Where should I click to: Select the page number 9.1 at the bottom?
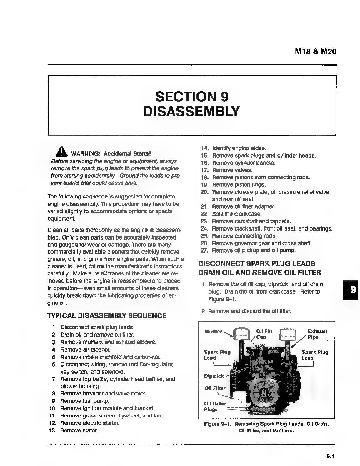pyautogui.click(x=331, y=457)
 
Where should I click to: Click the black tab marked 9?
pyautogui.click(x=351, y=290)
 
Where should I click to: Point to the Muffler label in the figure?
pyautogui.click(x=213, y=332)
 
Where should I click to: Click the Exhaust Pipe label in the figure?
pyautogui.click(x=317, y=334)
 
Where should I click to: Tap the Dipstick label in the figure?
pyautogui.click(x=214, y=376)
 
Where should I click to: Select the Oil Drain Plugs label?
pyautogui.click(x=215, y=406)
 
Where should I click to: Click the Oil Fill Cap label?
pyautogui.click(x=264, y=334)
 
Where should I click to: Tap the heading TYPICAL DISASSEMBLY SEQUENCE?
pyautogui.click(x=107, y=315)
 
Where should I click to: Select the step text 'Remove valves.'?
pyautogui.click(x=232, y=170)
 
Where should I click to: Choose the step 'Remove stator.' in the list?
pyautogui.click(x=79, y=430)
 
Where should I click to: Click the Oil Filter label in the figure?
pyautogui.click(x=215, y=388)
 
